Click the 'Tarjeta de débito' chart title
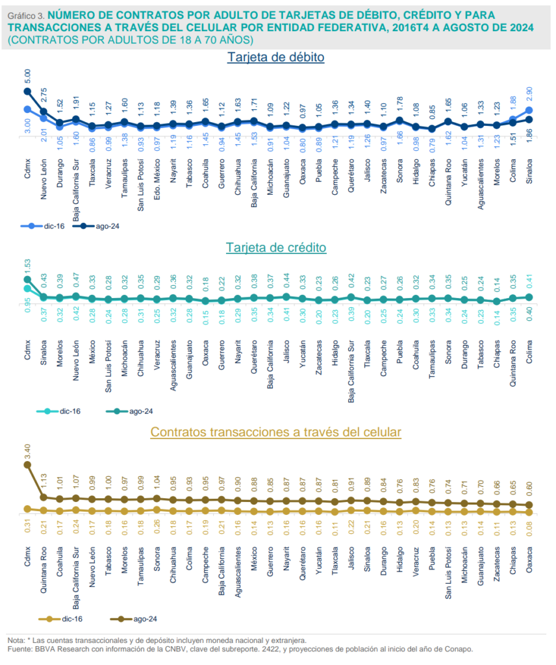coord(276,57)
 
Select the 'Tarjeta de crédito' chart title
coord(276,247)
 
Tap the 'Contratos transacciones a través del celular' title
coord(276,431)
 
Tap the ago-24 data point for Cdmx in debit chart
coord(27,92)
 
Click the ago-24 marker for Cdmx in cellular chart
coord(27,464)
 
